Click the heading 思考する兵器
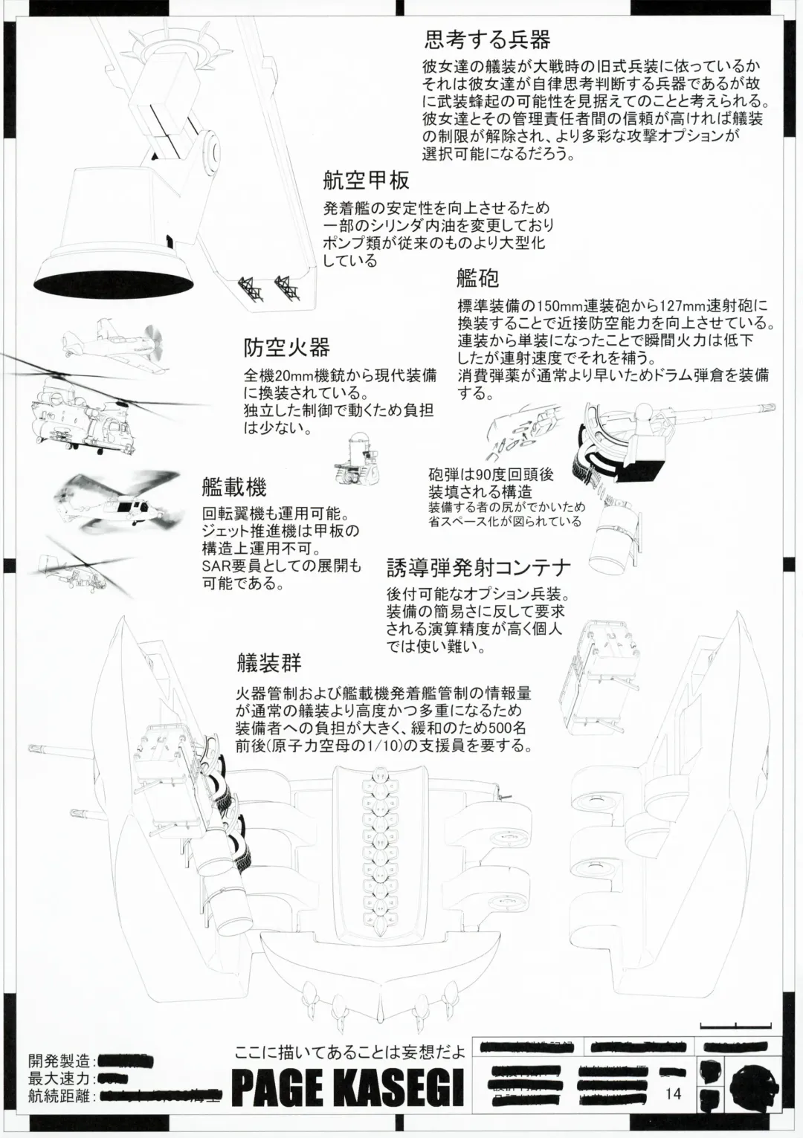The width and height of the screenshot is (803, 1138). tap(487, 38)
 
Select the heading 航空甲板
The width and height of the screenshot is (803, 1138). tap(366, 180)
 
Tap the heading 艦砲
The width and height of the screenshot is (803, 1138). tap(477, 278)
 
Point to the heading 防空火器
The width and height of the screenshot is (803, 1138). tap(286, 347)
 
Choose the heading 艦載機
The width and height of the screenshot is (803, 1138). tap(233, 487)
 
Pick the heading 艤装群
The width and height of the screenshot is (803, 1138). tap(268, 662)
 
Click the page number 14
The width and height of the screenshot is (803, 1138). tap(674, 1093)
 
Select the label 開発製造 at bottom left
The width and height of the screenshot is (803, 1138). tap(59, 1060)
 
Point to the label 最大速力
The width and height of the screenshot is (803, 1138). tap(59, 1078)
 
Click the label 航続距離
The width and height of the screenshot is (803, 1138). tap(59, 1096)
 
